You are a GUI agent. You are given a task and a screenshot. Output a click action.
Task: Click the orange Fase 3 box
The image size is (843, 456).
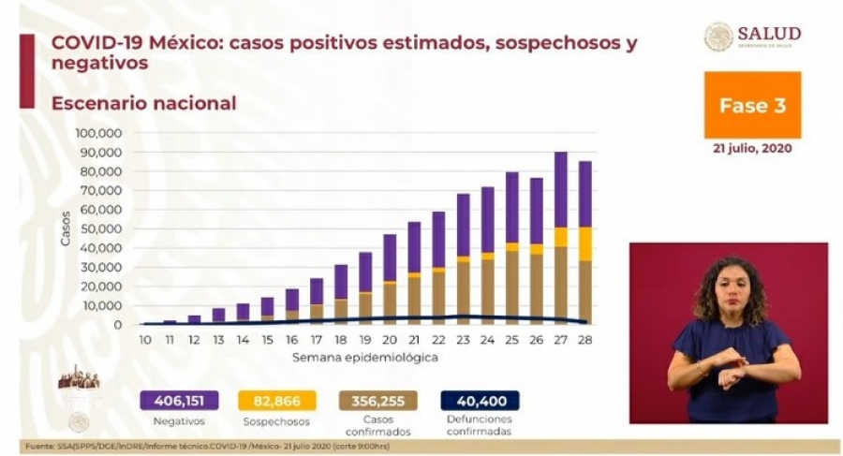[x=752, y=105]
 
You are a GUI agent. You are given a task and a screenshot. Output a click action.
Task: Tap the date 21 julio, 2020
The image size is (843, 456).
[x=753, y=148]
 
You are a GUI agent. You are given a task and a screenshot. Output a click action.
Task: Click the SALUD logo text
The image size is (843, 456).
[x=768, y=35]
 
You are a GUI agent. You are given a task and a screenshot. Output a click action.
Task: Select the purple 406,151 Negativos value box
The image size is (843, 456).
[x=178, y=401]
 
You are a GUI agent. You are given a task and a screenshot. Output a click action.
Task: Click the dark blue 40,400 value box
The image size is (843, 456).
[x=479, y=401]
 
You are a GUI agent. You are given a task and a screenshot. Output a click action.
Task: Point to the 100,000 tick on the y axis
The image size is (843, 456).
[x=97, y=133]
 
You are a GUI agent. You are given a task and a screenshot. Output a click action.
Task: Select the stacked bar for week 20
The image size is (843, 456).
[x=390, y=279]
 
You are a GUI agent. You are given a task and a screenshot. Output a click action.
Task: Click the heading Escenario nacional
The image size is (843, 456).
[x=144, y=103]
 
